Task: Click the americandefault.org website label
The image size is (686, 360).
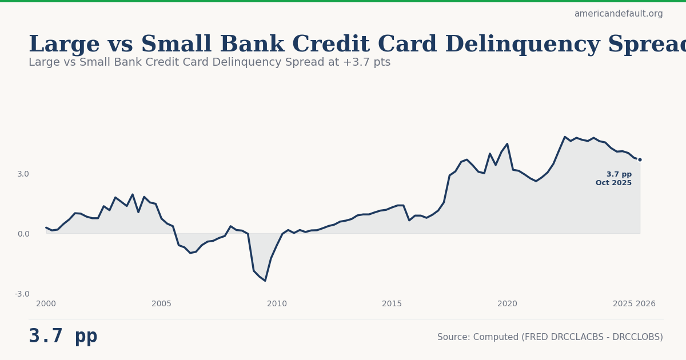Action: point(619,14)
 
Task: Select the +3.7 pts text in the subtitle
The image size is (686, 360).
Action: point(367,62)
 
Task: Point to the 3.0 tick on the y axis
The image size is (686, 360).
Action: point(23,174)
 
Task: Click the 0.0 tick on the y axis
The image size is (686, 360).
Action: point(23,234)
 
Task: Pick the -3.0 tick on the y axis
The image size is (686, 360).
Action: point(22,294)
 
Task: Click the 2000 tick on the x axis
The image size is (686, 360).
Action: point(46,304)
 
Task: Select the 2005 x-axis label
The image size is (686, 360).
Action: point(161,304)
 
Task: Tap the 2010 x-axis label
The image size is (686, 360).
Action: point(277,304)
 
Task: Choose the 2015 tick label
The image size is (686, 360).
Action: point(392,304)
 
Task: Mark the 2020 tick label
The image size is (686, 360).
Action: point(507,304)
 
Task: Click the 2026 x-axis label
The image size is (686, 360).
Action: point(646,304)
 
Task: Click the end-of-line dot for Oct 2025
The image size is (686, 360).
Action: point(640,159)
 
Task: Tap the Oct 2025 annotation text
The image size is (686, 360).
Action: point(613,183)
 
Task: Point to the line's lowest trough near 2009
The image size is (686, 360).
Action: point(265,281)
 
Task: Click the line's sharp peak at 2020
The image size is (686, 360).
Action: point(507,144)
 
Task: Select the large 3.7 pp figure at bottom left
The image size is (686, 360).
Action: point(63,337)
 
